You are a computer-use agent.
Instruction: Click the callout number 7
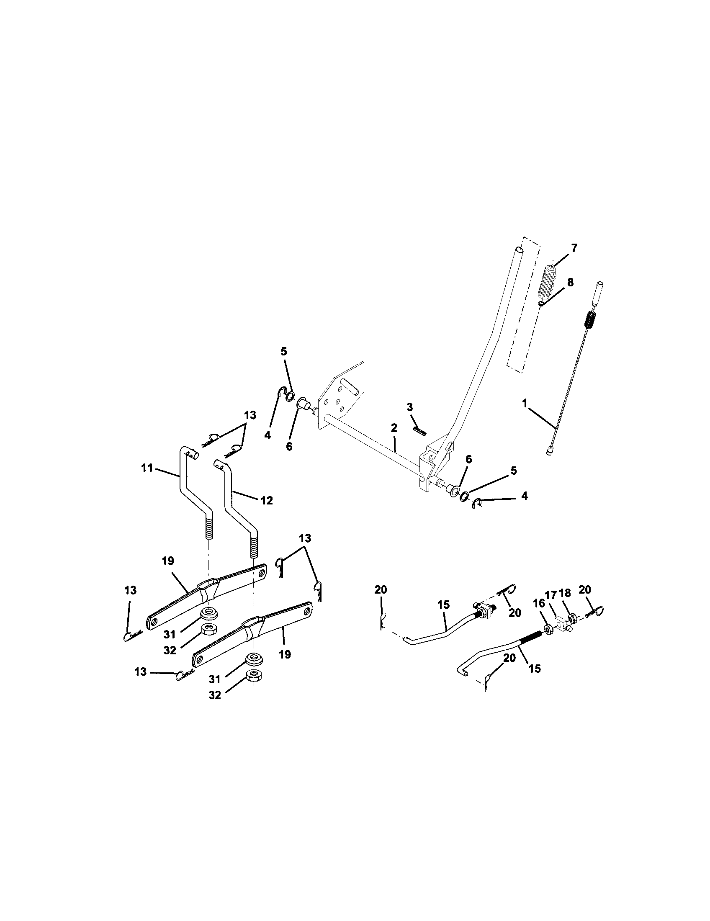coord(574,248)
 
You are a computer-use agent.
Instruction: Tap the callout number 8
coord(570,283)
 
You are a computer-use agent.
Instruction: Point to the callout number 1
coord(525,404)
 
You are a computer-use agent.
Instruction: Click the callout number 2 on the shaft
coord(394,427)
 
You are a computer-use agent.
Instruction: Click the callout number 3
coord(410,407)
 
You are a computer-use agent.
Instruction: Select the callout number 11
coord(147,468)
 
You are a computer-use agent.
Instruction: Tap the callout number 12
coord(267,501)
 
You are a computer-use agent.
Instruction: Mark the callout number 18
coord(565,593)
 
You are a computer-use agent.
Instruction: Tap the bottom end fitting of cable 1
coord(550,453)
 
